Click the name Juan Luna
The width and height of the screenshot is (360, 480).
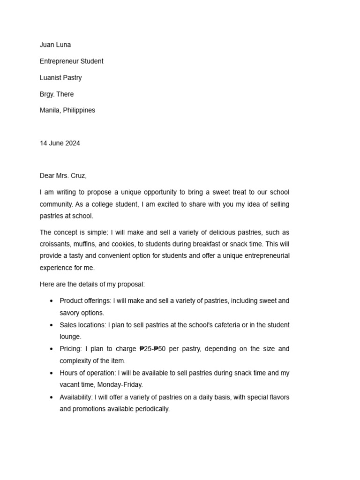point(55,45)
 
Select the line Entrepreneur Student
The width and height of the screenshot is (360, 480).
point(71,61)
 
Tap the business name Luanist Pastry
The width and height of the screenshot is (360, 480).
point(60,78)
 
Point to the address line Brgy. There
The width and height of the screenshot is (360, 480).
point(57,94)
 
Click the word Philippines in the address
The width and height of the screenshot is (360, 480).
point(79,111)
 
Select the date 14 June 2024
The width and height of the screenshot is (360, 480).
point(60,143)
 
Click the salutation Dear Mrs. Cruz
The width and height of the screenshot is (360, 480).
point(63,176)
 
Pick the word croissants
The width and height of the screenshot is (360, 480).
point(55,244)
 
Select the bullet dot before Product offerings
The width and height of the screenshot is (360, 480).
point(52,301)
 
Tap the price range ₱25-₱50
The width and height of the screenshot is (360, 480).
point(153,349)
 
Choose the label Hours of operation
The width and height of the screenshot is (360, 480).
point(87,373)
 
